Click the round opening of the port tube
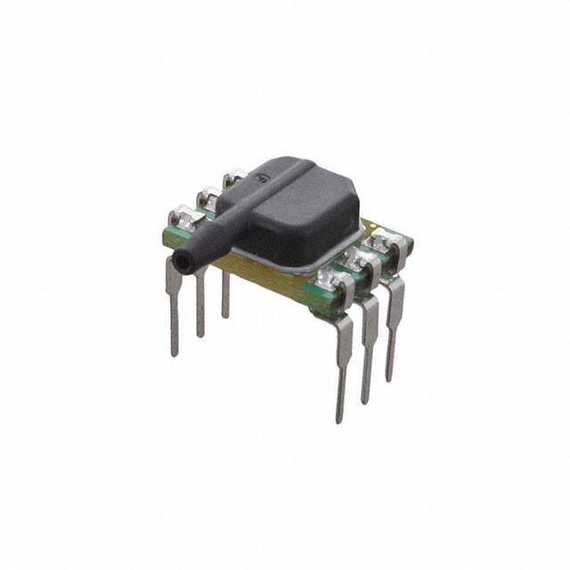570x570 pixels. pos(184,263)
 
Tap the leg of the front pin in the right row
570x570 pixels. pos(342,365)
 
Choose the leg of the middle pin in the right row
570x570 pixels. pos(368,347)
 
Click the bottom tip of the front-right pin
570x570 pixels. pos(339,417)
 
